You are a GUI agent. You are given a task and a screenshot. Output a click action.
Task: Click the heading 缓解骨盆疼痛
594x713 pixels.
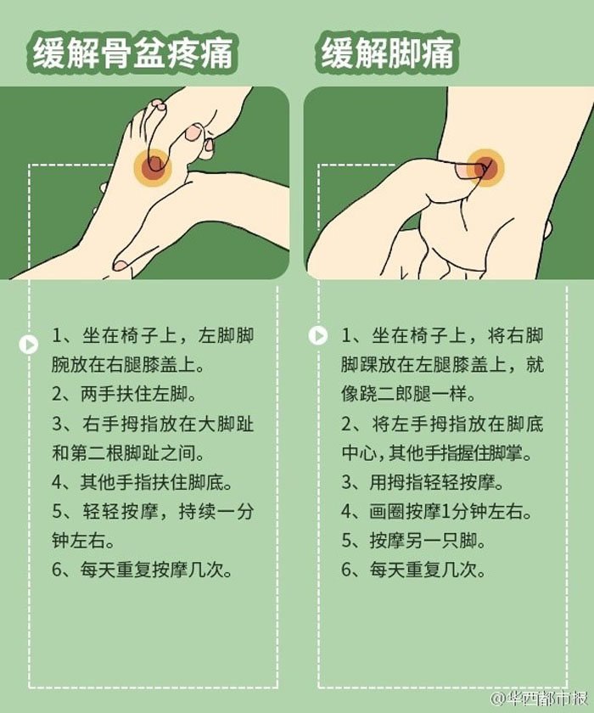click(132, 53)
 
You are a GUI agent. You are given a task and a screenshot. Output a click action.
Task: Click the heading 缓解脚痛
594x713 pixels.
click(387, 53)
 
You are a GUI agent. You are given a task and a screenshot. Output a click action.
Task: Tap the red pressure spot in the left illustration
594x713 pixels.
click(153, 167)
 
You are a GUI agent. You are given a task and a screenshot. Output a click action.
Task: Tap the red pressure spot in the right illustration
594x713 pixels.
click(485, 168)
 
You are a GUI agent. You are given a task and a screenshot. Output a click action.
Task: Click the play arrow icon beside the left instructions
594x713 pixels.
click(29, 345)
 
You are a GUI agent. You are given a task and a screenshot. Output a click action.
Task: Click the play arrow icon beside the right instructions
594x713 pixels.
click(317, 336)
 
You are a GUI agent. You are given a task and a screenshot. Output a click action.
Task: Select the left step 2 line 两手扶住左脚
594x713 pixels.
click(124, 394)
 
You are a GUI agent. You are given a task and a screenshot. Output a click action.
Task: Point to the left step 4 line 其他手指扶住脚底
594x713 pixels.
click(142, 482)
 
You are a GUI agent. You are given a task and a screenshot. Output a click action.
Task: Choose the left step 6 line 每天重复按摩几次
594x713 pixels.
click(142, 570)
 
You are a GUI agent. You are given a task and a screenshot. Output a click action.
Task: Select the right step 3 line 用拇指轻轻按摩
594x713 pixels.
click(423, 482)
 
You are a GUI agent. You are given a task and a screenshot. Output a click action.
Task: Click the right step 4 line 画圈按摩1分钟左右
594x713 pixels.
click(437, 512)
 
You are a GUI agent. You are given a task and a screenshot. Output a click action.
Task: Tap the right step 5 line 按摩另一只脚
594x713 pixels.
click(413, 541)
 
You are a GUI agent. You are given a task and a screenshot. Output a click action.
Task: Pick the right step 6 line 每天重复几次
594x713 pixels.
click(413, 570)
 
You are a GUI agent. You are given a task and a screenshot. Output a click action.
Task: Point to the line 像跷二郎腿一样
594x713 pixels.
click(408, 394)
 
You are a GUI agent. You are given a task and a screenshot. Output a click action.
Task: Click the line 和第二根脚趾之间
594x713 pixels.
click(128, 453)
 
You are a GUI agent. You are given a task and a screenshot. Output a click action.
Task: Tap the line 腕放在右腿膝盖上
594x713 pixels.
click(128, 365)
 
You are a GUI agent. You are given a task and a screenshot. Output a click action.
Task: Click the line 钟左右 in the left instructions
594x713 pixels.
click(82, 541)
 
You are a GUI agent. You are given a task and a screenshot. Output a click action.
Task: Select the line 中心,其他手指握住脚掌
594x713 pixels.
click(437, 453)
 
